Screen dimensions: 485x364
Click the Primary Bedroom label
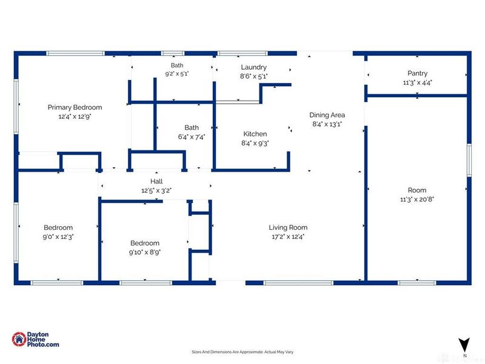tap(75, 107)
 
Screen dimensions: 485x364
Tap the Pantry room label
tap(417, 73)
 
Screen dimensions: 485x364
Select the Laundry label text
tap(253, 67)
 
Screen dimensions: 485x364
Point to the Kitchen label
tap(255, 134)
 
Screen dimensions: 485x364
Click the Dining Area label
tap(327, 115)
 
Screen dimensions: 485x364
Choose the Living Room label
tap(288, 227)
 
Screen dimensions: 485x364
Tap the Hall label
tap(156, 181)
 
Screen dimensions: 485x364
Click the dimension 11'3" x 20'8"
tap(417, 200)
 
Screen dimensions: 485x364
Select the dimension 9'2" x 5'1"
tap(177, 74)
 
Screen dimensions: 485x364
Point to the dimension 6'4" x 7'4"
tap(192, 137)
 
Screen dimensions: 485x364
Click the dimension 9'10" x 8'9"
tap(145, 252)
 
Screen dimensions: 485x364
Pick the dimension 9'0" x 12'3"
tap(58, 237)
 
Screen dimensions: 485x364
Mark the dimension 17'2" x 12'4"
tap(288, 237)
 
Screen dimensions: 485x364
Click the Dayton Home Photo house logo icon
tap(19, 339)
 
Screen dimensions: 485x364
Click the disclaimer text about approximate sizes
tap(242, 352)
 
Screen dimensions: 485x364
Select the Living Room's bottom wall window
tap(298, 283)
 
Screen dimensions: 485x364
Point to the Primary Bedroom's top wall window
tap(75, 53)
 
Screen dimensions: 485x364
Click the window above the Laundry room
tap(242, 53)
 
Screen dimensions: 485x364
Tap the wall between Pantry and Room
tap(416, 96)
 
